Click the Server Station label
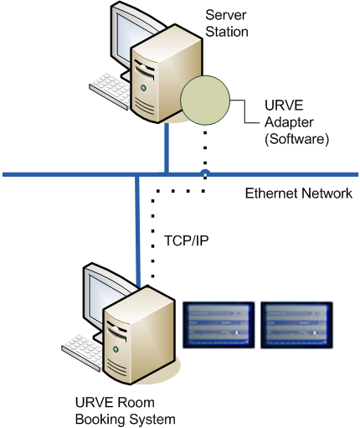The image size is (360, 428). [227, 23]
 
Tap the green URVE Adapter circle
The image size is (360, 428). [205, 100]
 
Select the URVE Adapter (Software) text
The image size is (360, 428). [296, 122]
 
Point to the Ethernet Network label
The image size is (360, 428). [298, 193]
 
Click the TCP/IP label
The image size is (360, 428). [187, 240]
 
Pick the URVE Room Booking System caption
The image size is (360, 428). [126, 410]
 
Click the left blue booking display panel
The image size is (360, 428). [219, 325]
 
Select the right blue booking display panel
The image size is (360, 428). [296, 325]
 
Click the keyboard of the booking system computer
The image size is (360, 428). [82, 353]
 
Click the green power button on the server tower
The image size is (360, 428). [143, 88]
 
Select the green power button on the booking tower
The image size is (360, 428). [116, 349]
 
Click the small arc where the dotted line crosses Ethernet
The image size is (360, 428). [205, 172]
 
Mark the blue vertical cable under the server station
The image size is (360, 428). [167, 148]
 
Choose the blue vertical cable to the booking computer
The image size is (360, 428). [137, 230]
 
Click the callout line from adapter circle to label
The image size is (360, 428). [245, 111]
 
